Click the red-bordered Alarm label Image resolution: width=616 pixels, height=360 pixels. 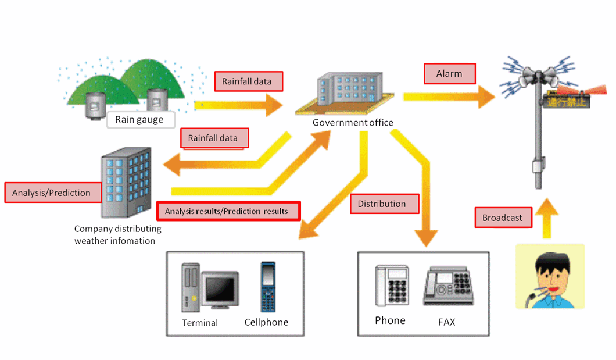click(449, 74)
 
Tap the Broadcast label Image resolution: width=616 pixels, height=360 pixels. click(502, 218)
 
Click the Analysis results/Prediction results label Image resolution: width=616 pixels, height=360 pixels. click(228, 211)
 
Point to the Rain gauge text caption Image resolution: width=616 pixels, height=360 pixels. click(139, 120)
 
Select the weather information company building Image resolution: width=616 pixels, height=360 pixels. click(125, 182)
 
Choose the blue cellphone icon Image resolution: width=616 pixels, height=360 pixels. click(267, 287)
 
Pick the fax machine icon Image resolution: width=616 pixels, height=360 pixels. click(447, 286)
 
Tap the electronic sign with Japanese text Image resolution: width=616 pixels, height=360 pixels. click(566, 102)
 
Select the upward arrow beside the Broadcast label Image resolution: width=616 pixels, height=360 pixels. click(546, 218)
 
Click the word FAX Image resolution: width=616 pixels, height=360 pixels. click(446, 321)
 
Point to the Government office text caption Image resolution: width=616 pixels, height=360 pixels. click(353, 123)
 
